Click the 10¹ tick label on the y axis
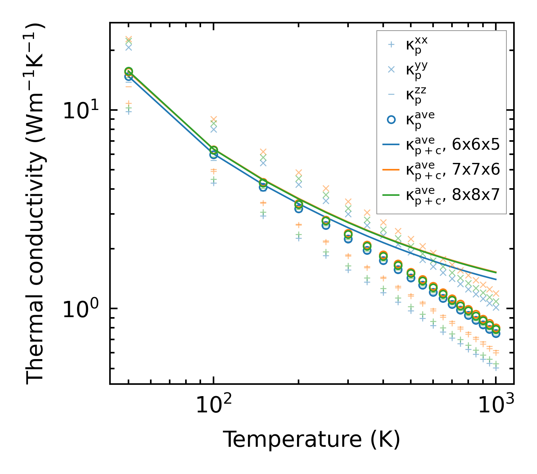point(81,110)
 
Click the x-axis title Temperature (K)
point(311,439)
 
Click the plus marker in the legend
point(392,45)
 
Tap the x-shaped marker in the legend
point(392,70)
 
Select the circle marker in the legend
point(392,119)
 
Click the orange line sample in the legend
point(392,170)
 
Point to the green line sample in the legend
point(392,195)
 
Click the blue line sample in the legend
point(392,144)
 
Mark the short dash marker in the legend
point(392,94)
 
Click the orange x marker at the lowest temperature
point(128,39)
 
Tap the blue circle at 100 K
point(214,155)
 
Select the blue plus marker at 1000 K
point(496,367)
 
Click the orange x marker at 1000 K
point(496,293)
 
